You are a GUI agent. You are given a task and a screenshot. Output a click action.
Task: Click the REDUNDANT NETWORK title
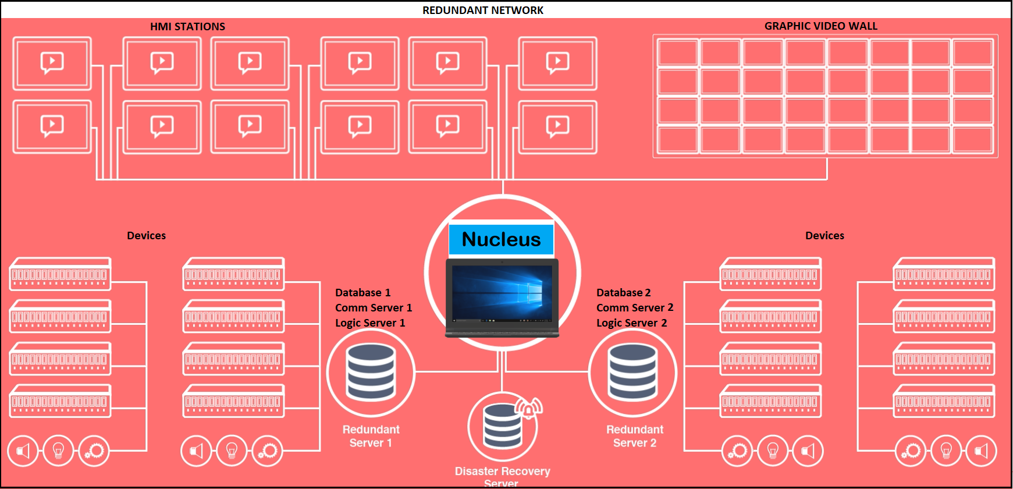tap(482, 10)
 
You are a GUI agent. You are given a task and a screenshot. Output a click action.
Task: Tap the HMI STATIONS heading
tap(187, 26)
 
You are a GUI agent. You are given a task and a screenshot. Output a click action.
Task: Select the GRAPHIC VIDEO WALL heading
tap(820, 26)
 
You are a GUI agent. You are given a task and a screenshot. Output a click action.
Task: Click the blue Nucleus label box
tap(501, 239)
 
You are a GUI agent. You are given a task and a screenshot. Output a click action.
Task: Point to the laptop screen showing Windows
tap(502, 294)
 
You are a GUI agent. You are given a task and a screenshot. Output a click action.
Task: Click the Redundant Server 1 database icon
tap(371, 372)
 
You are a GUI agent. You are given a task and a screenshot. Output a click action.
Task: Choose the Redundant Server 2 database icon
tap(632, 372)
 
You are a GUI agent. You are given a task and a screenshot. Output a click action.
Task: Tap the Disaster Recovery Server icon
tap(503, 427)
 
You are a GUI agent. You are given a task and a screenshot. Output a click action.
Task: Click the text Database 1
tap(362, 292)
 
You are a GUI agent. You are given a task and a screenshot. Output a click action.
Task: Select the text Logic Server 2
tap(631, 323)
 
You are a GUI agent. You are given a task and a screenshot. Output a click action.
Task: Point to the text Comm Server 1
tap(373, 307)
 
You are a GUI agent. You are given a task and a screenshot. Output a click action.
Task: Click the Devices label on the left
tap(146, 235)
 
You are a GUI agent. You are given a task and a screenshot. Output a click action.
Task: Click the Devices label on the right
tap(824, 235)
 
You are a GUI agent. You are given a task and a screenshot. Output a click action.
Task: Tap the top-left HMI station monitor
tap(52, 63)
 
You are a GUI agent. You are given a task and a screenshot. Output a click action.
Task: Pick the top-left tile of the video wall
tap(677, 52)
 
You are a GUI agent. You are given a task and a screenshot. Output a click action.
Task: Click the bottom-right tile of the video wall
tap(973, 140)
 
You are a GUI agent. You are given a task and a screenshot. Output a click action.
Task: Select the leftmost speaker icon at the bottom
tap(23, 451)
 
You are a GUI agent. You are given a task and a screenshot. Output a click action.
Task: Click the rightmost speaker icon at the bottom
tap(981, 451)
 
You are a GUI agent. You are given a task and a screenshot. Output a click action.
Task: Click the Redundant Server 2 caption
tap(634, 436)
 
